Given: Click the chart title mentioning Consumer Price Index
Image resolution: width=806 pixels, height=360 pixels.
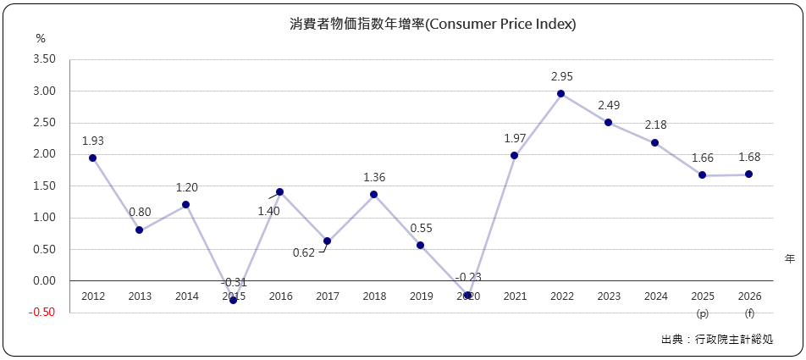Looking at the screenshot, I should coord(433,25).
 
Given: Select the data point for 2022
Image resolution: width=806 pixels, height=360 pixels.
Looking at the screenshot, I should coord(560,94).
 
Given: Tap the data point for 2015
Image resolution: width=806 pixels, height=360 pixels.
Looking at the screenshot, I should coord(233,300).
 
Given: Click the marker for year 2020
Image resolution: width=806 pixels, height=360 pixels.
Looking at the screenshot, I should coord(467,295).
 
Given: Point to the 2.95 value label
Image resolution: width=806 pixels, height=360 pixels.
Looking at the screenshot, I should coord(561,76).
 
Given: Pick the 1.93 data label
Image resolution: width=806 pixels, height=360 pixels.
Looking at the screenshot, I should coord(93,141).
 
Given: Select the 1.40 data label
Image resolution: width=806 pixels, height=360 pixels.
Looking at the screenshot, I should coord(269,210).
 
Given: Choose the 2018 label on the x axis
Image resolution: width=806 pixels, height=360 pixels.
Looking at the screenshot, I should coord(373,296).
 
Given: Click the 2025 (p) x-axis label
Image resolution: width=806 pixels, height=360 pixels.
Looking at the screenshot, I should coord(702,304).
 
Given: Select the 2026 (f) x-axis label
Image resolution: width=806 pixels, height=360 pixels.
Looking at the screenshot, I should coord(748,304).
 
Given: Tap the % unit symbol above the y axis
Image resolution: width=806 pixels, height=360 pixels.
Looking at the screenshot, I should coord(41,39).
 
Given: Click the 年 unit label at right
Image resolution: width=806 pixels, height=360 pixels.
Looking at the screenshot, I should coord(789,258).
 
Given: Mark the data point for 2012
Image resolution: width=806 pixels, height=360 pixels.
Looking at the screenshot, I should coord(92,158).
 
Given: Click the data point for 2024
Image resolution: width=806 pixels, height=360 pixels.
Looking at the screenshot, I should coord(654,142).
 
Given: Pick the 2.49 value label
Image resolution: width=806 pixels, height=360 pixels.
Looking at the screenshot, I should coord(609,105).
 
